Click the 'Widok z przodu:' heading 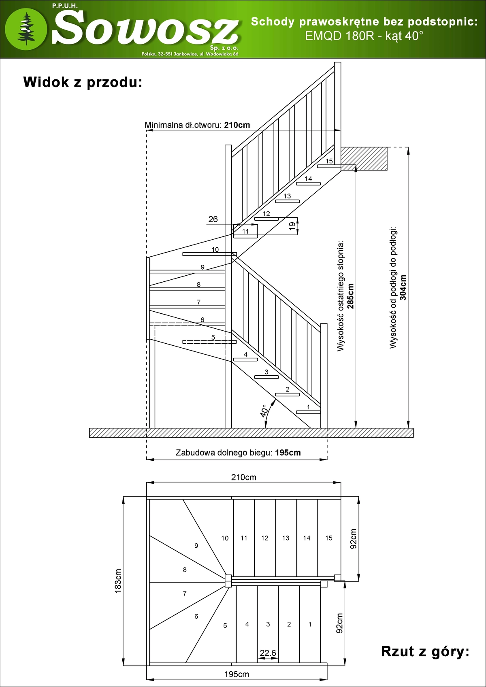pos(83,82)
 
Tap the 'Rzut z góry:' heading pos(425,651)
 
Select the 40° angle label pos(264,410)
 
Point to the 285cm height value pos(350,296)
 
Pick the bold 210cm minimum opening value pos(237,125)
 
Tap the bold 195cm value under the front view pos(288,453)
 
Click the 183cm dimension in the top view pos(118,581)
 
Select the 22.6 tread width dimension pos(268,653)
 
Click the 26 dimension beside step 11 pos(213,219)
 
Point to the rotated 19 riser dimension pos(292,226)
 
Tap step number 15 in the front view pos(329,161)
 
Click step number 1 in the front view pos(309,407)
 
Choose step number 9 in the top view pos(196,546)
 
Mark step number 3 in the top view pos(268,624)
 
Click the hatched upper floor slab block pos(364,158)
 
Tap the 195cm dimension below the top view pos(237,674)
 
